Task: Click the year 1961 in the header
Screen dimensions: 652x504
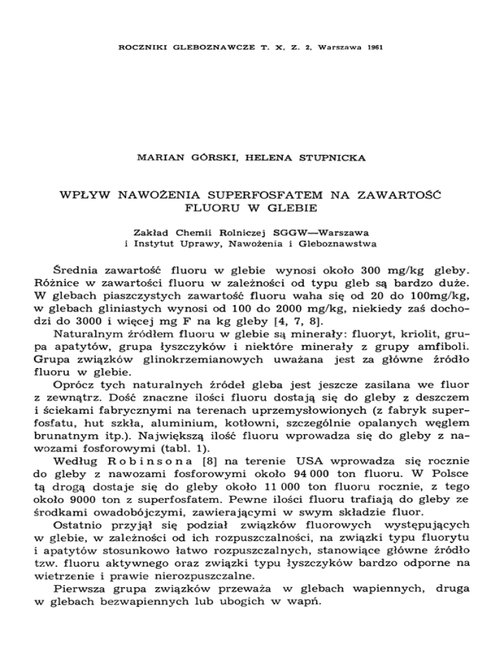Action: pyautogui.click(x=375, y=48)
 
